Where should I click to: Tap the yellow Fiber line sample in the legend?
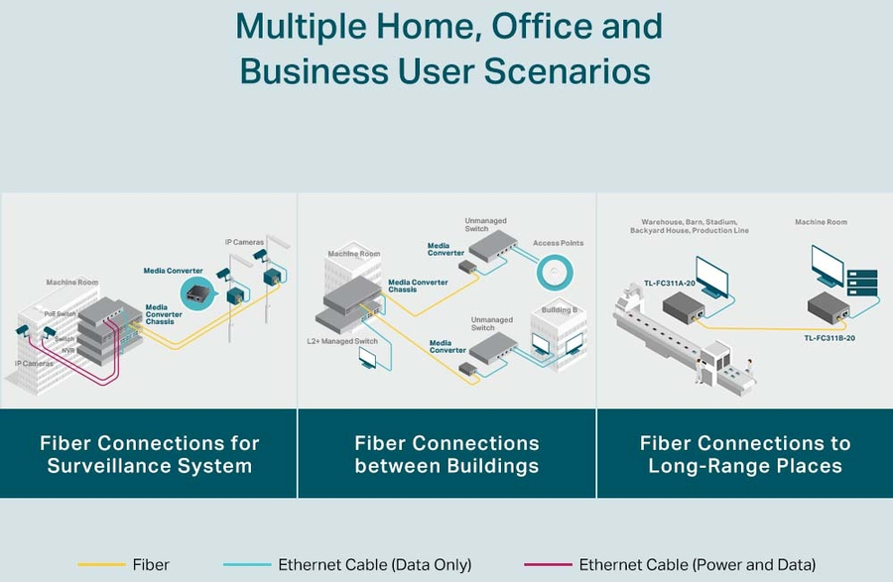(100, 565)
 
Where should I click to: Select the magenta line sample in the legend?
(546, 565)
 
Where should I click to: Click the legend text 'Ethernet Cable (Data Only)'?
(374, 565)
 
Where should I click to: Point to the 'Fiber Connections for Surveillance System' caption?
(149, 454)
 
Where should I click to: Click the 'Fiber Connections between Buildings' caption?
(446, 454)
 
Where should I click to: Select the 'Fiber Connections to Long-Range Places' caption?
(744, 454)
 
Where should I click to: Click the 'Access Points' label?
(559, 243)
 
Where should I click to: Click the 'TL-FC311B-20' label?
(829, 338)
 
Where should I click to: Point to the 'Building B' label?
(557, 310)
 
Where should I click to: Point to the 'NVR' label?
(68, 350)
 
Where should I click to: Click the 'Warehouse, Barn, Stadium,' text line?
(689, 222)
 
